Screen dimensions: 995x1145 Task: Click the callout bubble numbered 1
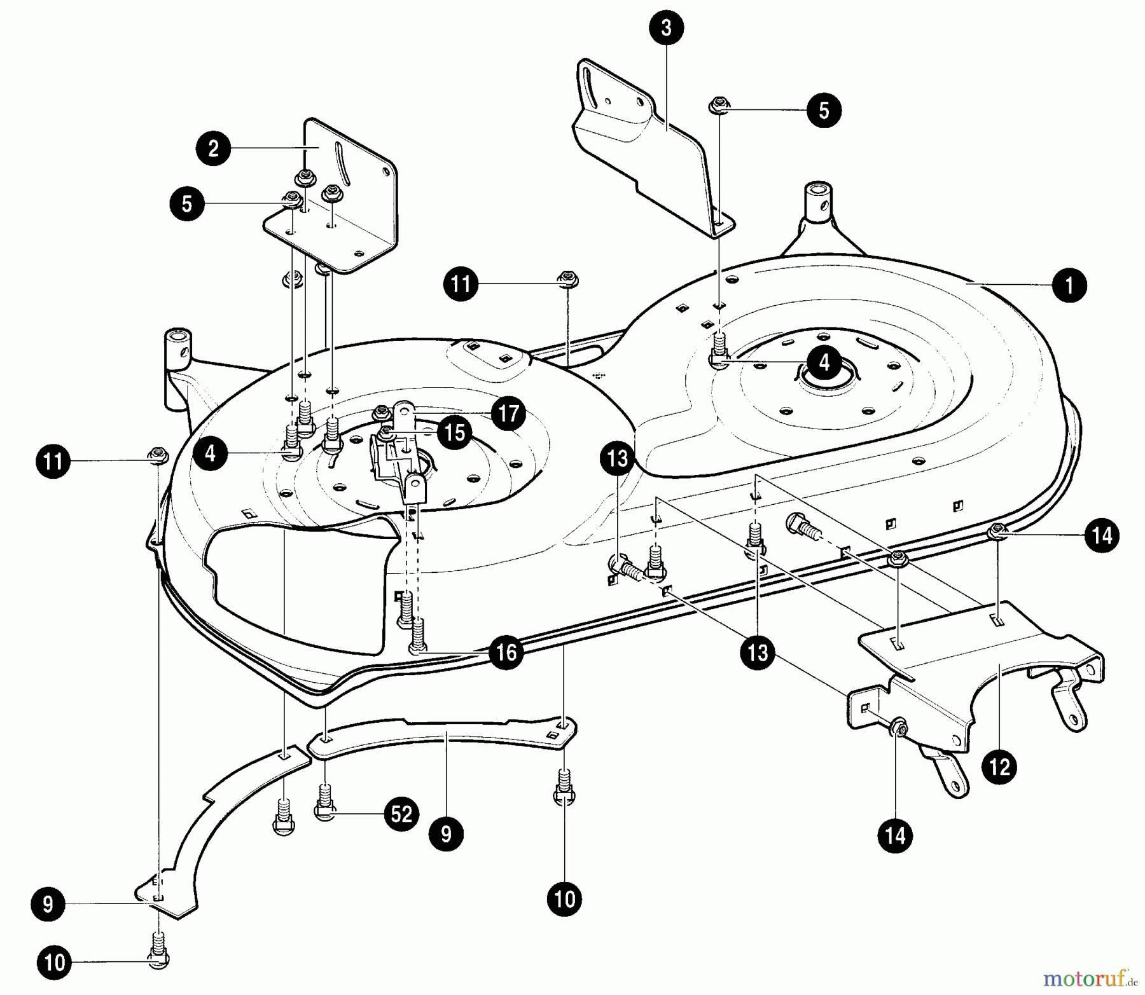[1069, 285]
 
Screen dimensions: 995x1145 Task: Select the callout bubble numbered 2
[213, 148]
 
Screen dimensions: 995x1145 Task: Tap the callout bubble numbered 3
[666, 29]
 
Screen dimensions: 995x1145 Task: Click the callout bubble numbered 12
[999, 767]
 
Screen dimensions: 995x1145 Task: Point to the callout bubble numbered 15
[454, 433]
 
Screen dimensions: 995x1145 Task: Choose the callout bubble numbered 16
[506, 652]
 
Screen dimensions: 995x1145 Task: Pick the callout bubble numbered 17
[508, 414]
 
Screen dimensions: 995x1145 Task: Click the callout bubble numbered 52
[401, 814]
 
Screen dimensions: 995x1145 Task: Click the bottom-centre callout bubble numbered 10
[564, 900]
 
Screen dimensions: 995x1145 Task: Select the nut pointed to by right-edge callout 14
[998, 530]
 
